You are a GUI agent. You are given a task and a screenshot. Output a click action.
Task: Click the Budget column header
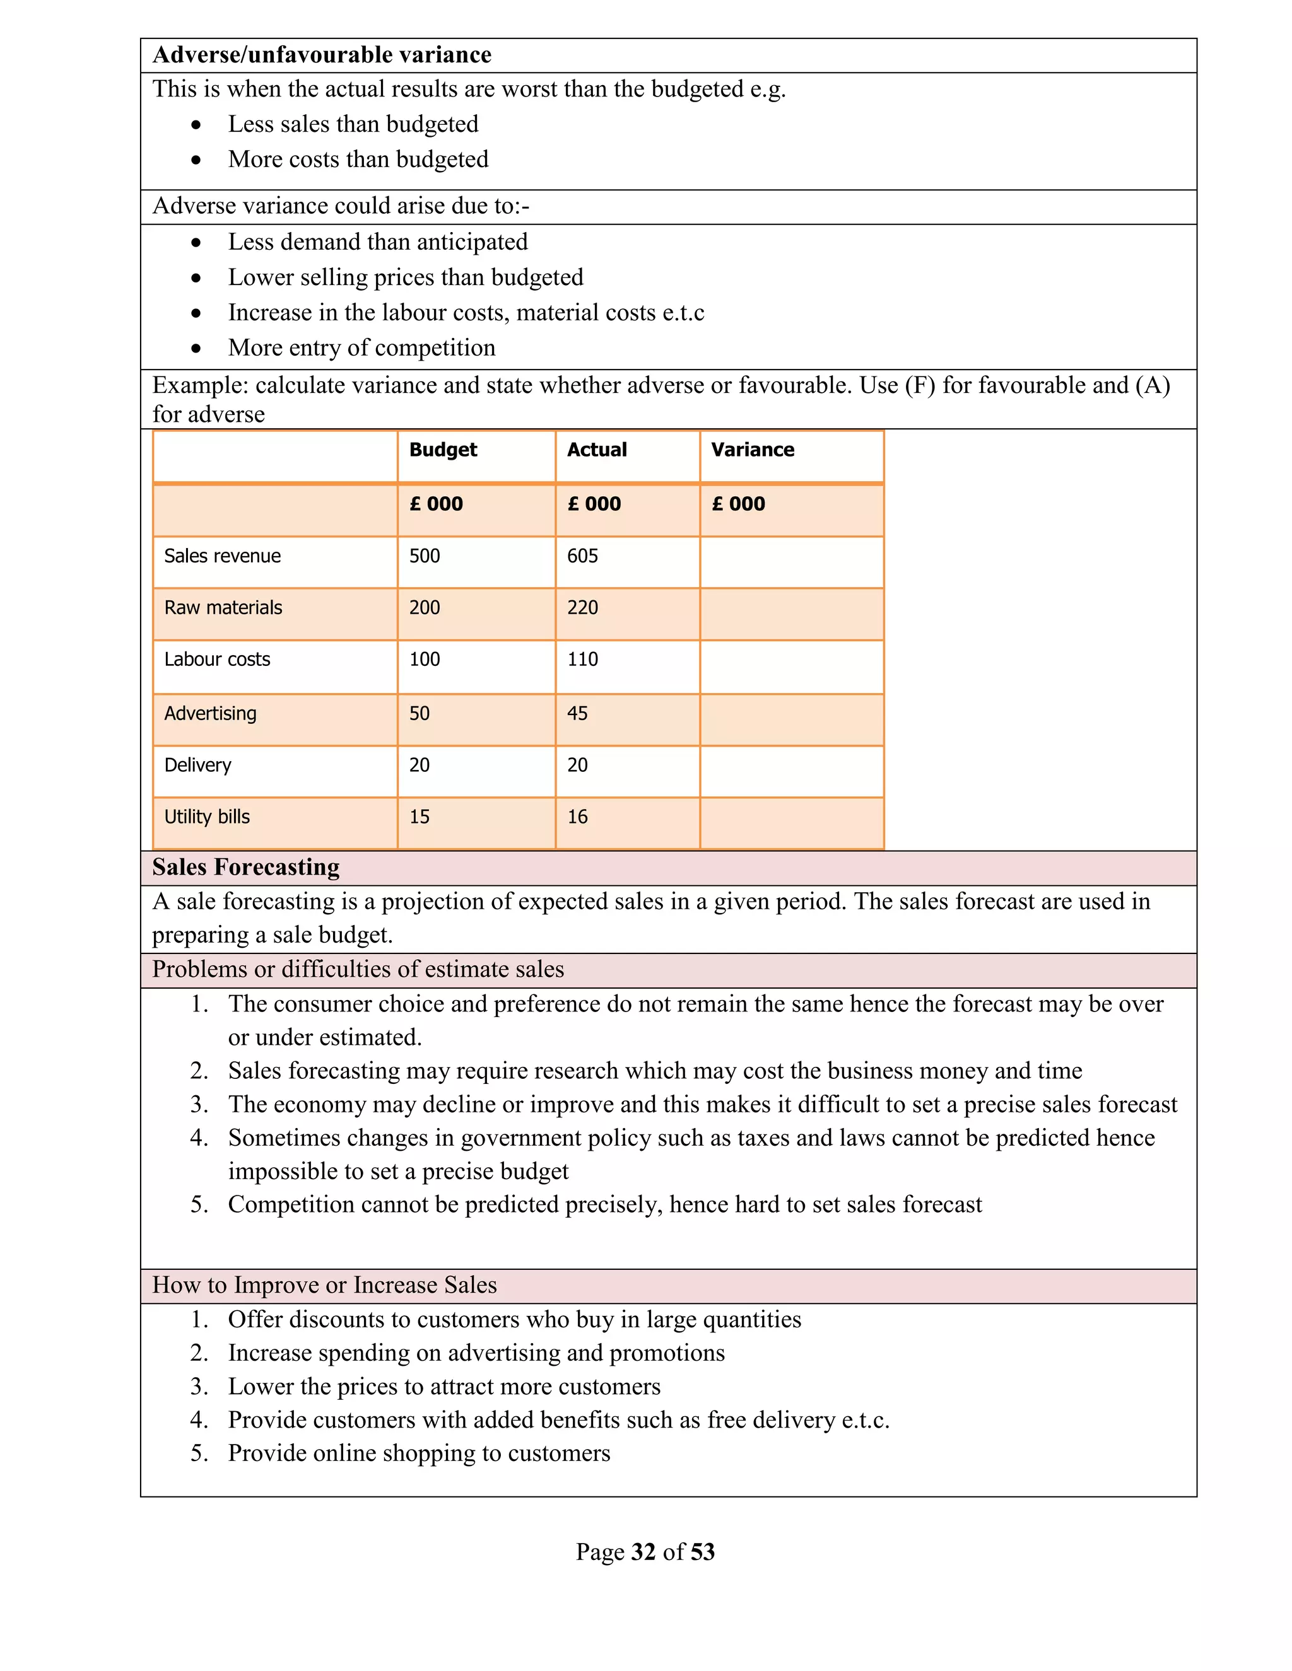pos(442,450)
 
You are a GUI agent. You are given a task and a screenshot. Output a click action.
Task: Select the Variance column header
pos(753,450)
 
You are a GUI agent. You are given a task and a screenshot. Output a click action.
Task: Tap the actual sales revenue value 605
pos(582,556)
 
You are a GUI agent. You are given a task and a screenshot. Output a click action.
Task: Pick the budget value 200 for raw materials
pos(424,608)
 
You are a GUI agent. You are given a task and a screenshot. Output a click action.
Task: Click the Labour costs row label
pos(218,660)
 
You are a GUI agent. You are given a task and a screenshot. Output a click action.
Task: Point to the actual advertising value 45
pos(577,714)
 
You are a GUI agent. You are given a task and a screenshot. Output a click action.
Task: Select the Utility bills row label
pos(207,817)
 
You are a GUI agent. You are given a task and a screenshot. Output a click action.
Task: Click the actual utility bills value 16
pos(577,817)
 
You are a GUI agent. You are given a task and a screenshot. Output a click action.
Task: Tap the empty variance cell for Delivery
pos(792,771)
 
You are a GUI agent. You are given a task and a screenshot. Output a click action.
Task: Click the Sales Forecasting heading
pos(245,868)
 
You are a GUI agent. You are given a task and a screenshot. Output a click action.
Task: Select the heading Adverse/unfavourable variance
pos(322,55)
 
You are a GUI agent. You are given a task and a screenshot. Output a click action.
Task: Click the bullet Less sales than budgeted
pos(353,124)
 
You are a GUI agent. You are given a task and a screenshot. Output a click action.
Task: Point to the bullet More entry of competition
pos(361,348)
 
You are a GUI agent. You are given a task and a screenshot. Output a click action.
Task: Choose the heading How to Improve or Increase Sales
pos(324,1285)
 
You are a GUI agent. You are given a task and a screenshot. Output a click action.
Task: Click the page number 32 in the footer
pos(643,1552)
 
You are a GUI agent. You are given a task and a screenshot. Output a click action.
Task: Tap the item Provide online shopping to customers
pos(419,1453)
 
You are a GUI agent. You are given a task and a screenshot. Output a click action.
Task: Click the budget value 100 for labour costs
pos(424,660)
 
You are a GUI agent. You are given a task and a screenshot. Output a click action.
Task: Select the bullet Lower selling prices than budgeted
pos(406,277)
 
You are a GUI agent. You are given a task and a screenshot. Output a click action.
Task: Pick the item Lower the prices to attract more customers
pos(444,1387)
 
